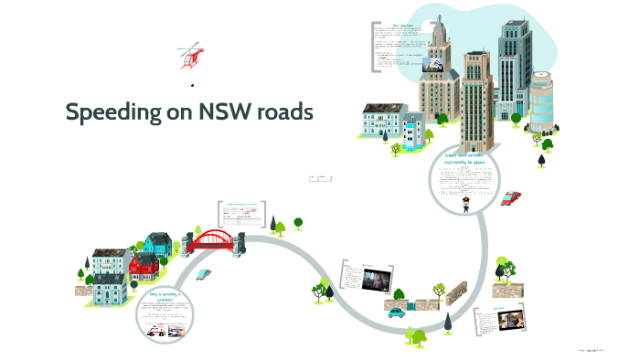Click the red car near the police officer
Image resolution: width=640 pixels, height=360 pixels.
point(511,197)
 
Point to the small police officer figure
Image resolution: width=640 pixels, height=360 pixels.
point(466,203)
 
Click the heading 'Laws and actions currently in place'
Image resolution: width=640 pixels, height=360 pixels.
point(465,160)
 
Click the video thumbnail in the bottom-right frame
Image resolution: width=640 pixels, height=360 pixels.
point(514,323)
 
